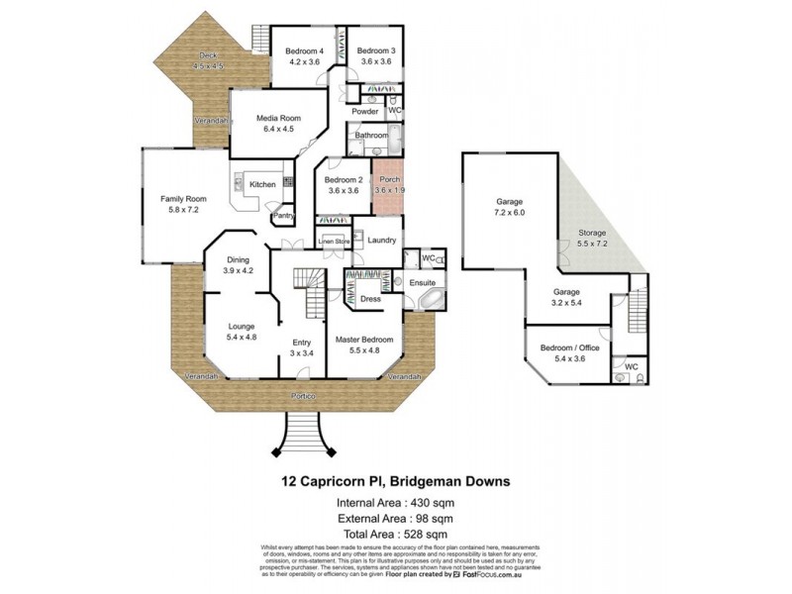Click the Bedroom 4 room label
pos(306,50)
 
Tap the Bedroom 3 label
pos(376,50)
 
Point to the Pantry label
pos(284,215)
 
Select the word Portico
pos(304,396)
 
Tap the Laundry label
pos(381,241)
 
